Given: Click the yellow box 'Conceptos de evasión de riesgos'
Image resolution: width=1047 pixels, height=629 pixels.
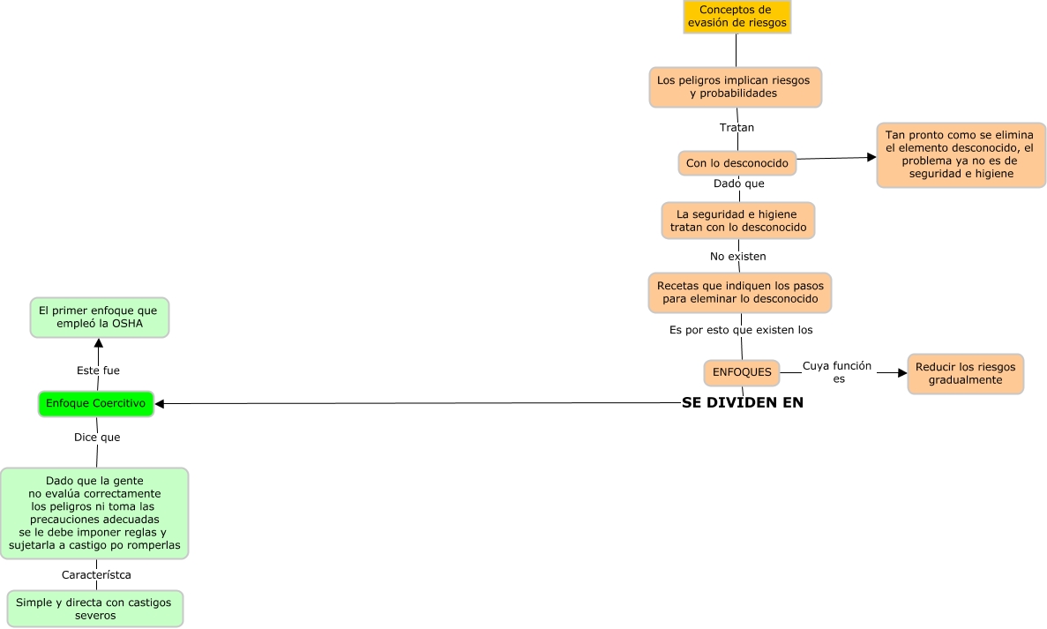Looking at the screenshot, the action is (737, 16).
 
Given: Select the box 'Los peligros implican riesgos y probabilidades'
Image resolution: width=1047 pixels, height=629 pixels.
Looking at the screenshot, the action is (735, 86).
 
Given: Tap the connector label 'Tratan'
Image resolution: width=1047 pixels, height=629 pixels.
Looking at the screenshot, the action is (737, 128).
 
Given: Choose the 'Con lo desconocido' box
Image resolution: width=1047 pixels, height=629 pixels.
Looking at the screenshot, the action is (737, 163).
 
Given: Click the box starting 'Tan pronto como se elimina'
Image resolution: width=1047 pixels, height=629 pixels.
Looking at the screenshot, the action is (961, 154).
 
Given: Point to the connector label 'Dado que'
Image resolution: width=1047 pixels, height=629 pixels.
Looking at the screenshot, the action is (738, 183).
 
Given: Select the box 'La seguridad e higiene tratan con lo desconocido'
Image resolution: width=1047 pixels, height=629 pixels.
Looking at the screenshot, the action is (738, 221).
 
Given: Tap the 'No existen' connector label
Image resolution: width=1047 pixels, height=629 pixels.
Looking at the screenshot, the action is (738, 257).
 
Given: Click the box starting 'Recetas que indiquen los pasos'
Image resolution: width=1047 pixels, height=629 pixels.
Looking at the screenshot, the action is (740, 293).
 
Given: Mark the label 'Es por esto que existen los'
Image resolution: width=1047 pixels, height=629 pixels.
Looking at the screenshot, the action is (741, 330).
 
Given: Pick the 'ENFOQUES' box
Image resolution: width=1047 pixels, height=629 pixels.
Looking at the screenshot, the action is (742, 372).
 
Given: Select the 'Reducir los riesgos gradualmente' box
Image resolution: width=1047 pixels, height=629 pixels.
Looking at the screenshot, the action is (966, 374).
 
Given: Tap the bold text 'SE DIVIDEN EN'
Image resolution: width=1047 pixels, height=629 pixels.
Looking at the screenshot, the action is (743, 402).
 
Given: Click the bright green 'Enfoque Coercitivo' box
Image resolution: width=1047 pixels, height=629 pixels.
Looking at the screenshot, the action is (96, 404).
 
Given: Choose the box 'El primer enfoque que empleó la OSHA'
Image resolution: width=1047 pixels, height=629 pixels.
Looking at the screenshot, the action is (99, 318).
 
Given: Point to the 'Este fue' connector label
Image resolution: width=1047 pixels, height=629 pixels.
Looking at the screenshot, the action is (98, 371).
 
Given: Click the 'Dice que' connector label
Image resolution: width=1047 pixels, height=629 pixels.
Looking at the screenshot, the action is (97, 438).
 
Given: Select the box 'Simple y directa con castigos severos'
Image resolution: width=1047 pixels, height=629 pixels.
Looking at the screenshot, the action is (94, 609).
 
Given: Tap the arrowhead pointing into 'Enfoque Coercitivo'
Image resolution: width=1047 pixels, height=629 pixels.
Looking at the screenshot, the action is (160, 404).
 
